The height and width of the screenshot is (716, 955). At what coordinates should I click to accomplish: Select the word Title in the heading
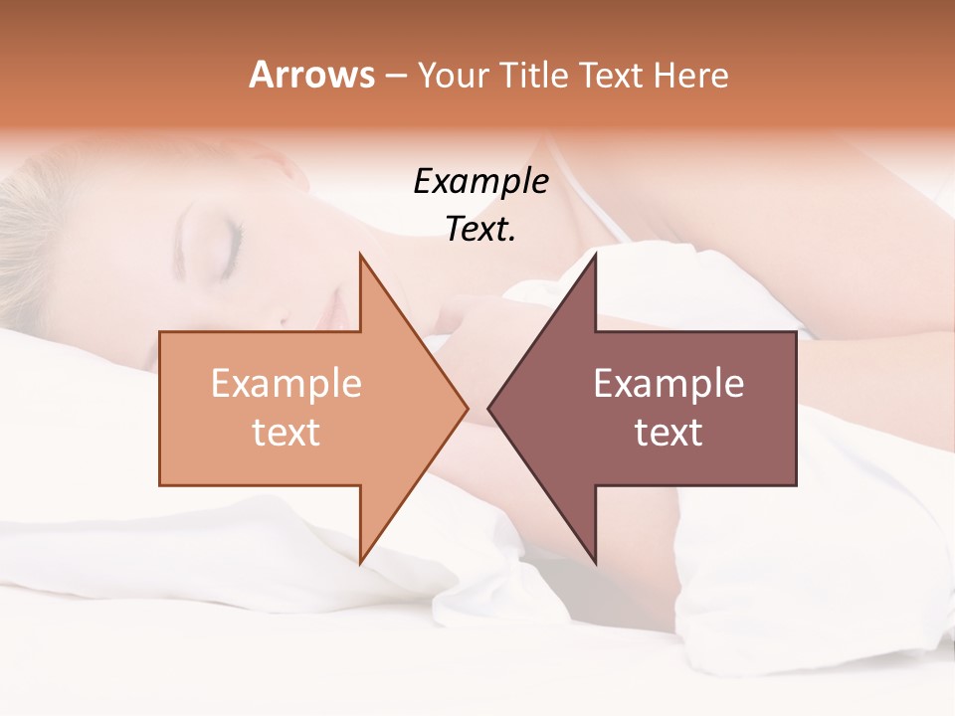pos(534,75)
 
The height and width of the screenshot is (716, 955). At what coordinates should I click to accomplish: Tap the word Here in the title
pos(690,75)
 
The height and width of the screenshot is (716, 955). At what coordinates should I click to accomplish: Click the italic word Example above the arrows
pos(480,181)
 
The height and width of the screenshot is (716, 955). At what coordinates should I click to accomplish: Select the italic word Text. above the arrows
pos(480,229)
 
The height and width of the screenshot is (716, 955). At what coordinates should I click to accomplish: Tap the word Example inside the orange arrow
pos(286,383)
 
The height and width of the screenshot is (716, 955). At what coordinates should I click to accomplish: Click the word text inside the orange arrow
pos(286,433)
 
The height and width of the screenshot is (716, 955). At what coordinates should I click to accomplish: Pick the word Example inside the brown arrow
pos(668,383)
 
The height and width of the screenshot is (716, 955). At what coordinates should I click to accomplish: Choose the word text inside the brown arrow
pos(668,433)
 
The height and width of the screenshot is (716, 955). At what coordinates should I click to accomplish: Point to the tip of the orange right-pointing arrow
pos(467,408)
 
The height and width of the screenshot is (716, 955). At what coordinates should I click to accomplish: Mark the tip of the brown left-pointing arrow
pos(489,408)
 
